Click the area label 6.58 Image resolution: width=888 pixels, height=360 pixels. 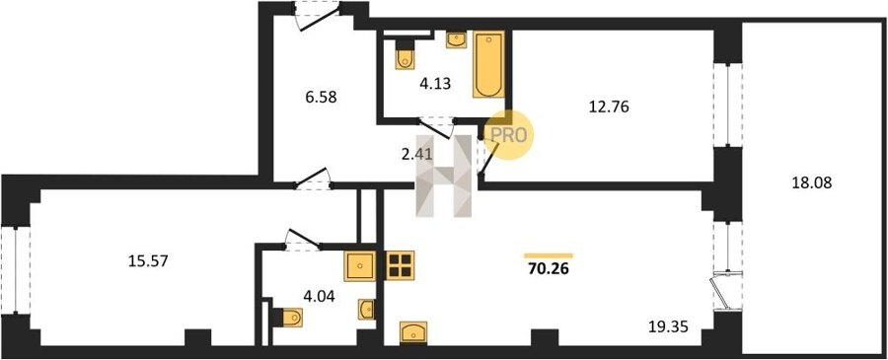[321, 98]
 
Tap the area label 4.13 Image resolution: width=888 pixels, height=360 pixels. [435, 84]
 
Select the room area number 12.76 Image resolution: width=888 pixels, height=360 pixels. [609, 107]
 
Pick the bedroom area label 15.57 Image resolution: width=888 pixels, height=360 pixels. [148, 261]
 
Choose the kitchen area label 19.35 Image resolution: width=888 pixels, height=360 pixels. [669, 326]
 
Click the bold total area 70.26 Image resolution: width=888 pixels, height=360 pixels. [549, 269]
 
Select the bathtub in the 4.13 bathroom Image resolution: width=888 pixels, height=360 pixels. [488, 64]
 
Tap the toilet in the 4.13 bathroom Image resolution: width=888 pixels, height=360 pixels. [405, 55]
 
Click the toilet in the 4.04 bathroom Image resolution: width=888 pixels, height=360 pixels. [288, 318]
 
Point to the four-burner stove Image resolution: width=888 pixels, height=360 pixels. [400, 265]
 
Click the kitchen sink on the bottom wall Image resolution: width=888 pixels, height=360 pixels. [413, 331]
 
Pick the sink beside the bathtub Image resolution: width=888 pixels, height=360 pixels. [456, 39]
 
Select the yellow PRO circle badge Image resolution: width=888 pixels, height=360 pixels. [508, 135]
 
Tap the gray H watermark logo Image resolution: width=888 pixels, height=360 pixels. [443, 176]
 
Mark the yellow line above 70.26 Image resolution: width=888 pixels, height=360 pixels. [549, 255]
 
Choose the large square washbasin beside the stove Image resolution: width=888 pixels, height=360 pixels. [360, 266]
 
